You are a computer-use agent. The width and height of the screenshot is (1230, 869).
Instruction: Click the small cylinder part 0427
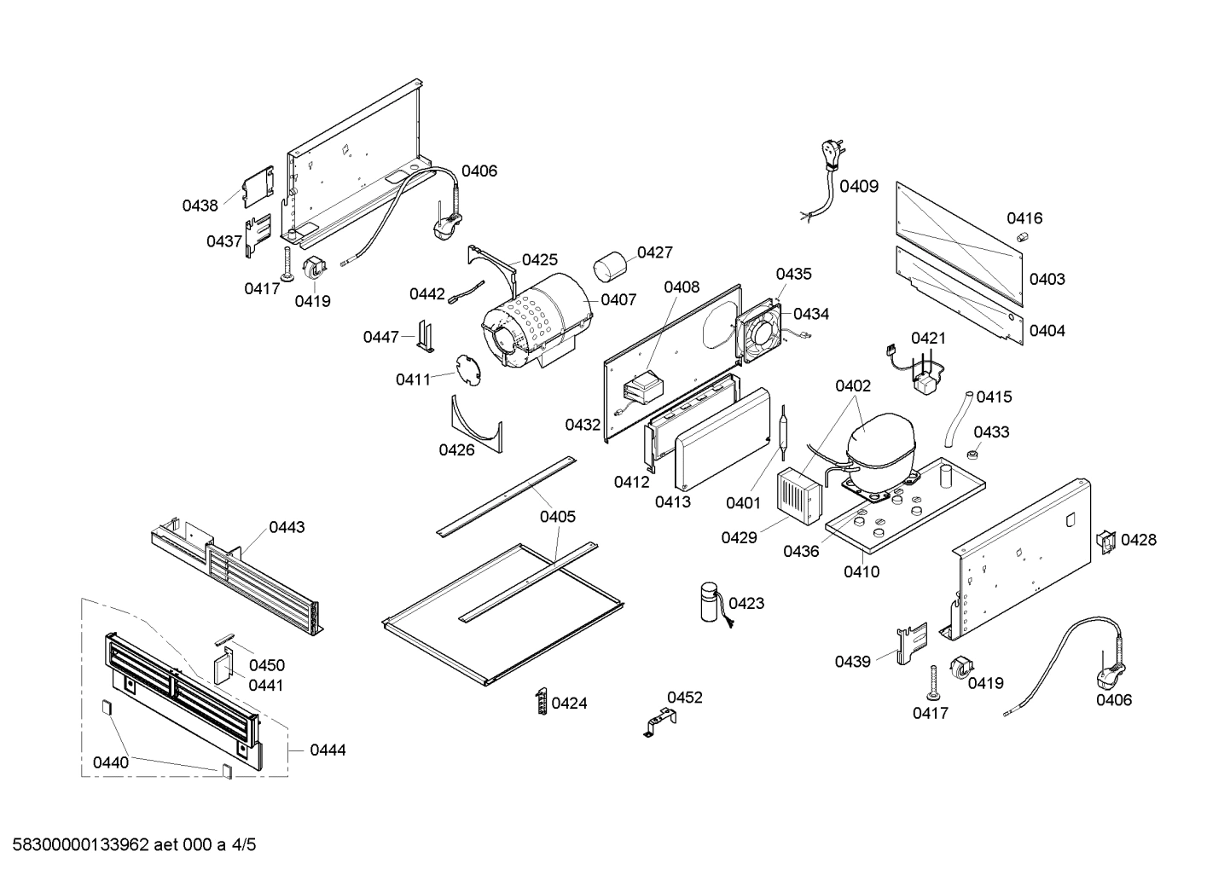click(610, 265)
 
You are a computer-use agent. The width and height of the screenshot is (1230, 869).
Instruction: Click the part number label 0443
click(287, 527)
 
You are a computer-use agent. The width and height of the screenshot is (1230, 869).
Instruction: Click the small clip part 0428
click(1106, 540)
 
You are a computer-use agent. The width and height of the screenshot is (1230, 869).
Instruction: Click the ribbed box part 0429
click(797, 495)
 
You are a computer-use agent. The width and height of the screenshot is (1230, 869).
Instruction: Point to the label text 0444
click(328, 750)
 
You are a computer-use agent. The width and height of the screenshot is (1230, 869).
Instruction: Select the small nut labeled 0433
click(972, 453)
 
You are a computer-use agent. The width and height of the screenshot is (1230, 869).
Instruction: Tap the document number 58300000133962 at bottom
click(77, 845)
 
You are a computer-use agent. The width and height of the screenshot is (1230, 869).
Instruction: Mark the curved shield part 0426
click(477, 424)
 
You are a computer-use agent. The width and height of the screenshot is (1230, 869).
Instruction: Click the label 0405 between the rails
click(557, 516)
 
